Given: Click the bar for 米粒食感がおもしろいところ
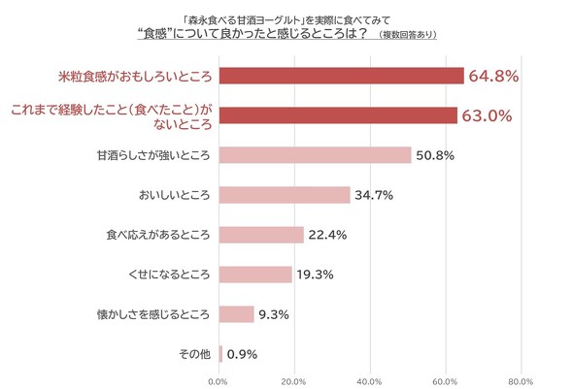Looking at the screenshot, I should [x=342, y=75].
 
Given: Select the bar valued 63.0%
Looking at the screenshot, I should [x=338, y=114].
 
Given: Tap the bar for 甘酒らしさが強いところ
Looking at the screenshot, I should [x=316, y=155].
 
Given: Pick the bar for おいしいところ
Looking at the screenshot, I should [x=286, y=195].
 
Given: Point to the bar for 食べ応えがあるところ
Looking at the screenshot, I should [x=262, y=235].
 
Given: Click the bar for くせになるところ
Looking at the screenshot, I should [x=256, y=275].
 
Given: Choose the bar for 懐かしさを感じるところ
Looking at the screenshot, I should [x=238, y=314].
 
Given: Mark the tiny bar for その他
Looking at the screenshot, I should [x=221, y=354].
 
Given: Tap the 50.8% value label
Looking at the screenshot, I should [x=435, y=155].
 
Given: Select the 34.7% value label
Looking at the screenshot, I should [x=375, y=195].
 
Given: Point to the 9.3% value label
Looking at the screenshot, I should [x=274, y=314].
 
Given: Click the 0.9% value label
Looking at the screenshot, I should [x=242, y=354].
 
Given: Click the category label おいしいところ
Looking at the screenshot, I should [x=174, y=195].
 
